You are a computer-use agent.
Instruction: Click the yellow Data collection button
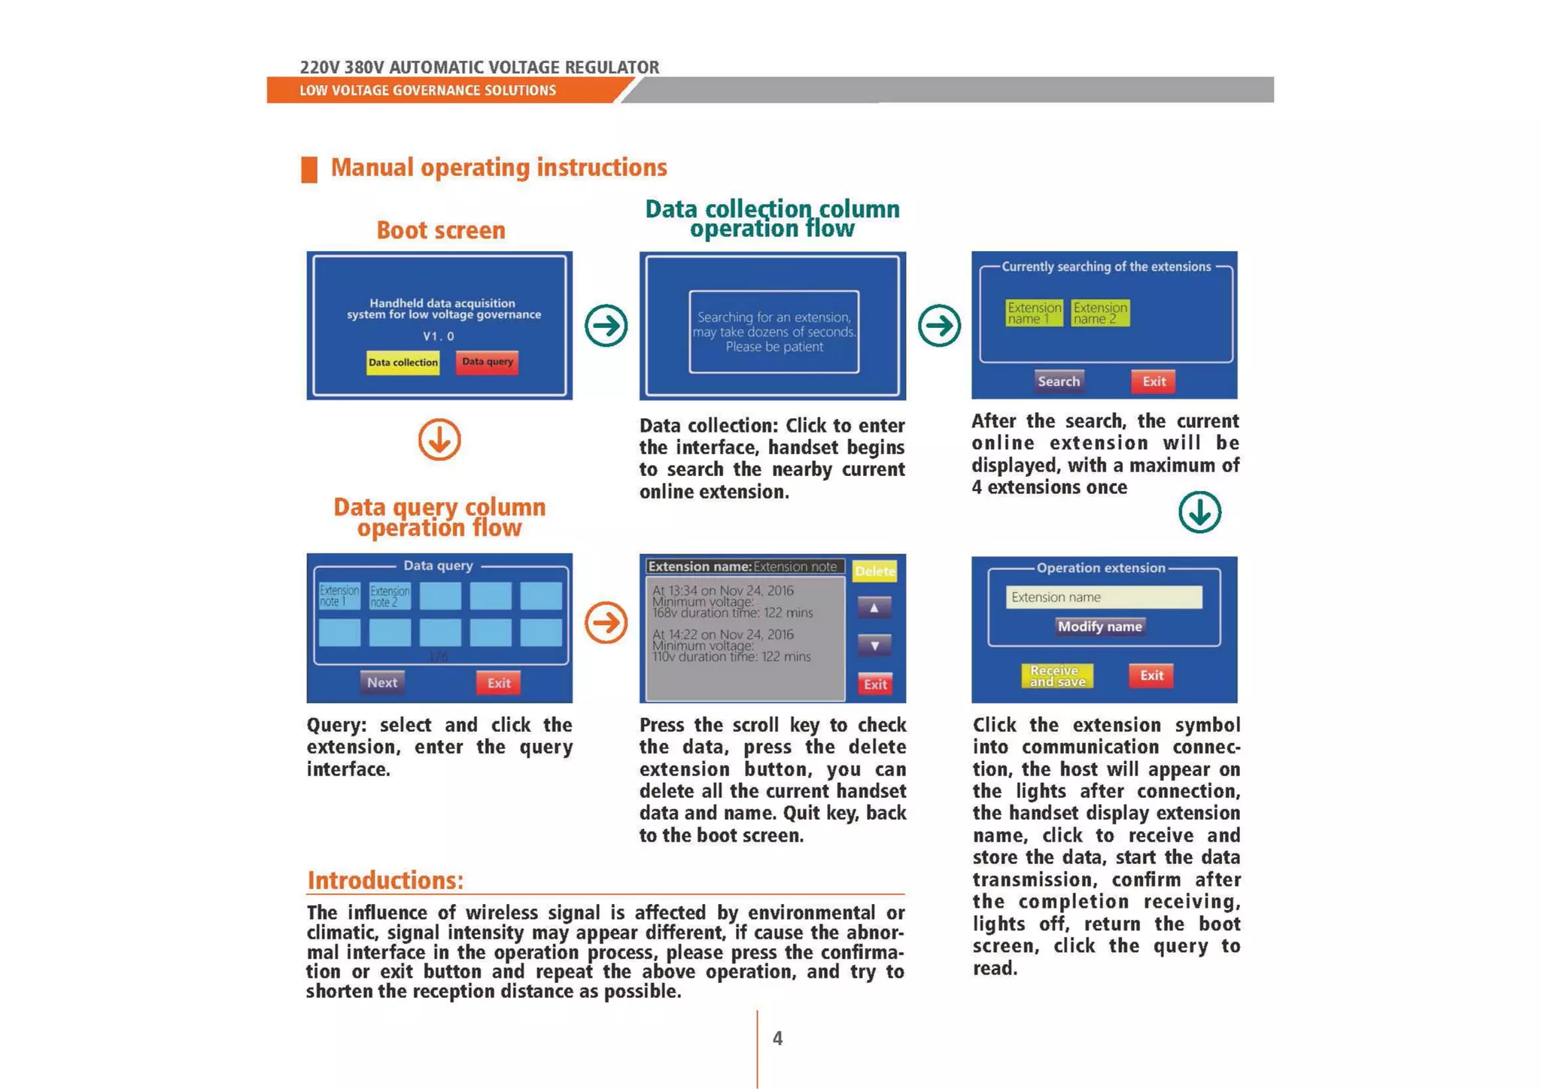[403, 362]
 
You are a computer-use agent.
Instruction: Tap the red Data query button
[487, 362]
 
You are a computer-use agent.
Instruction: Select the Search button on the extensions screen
[1058, 381]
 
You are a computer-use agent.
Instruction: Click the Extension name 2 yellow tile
[1099, 313]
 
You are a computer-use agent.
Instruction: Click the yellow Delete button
[874, 572]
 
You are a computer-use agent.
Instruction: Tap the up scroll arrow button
[874, 608]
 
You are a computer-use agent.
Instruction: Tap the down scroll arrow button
[874, 645]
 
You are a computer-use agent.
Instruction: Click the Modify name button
[1099, 626]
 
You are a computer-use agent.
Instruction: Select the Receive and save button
[1056, 675]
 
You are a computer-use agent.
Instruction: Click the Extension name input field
[1103, 597]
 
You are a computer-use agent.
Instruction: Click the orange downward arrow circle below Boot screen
[439, 440]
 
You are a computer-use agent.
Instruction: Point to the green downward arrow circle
[1199, 512]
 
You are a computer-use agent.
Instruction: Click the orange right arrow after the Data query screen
[606, 623]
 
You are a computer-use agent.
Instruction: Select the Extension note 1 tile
[339, 596]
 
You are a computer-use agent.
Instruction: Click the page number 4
[777, 1039]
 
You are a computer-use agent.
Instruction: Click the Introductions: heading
[385, 880]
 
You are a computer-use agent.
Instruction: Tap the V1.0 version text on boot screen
[439, 336]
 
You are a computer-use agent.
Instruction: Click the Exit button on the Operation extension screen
[1151, 675]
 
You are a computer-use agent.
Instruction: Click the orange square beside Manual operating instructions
[309, 169]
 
